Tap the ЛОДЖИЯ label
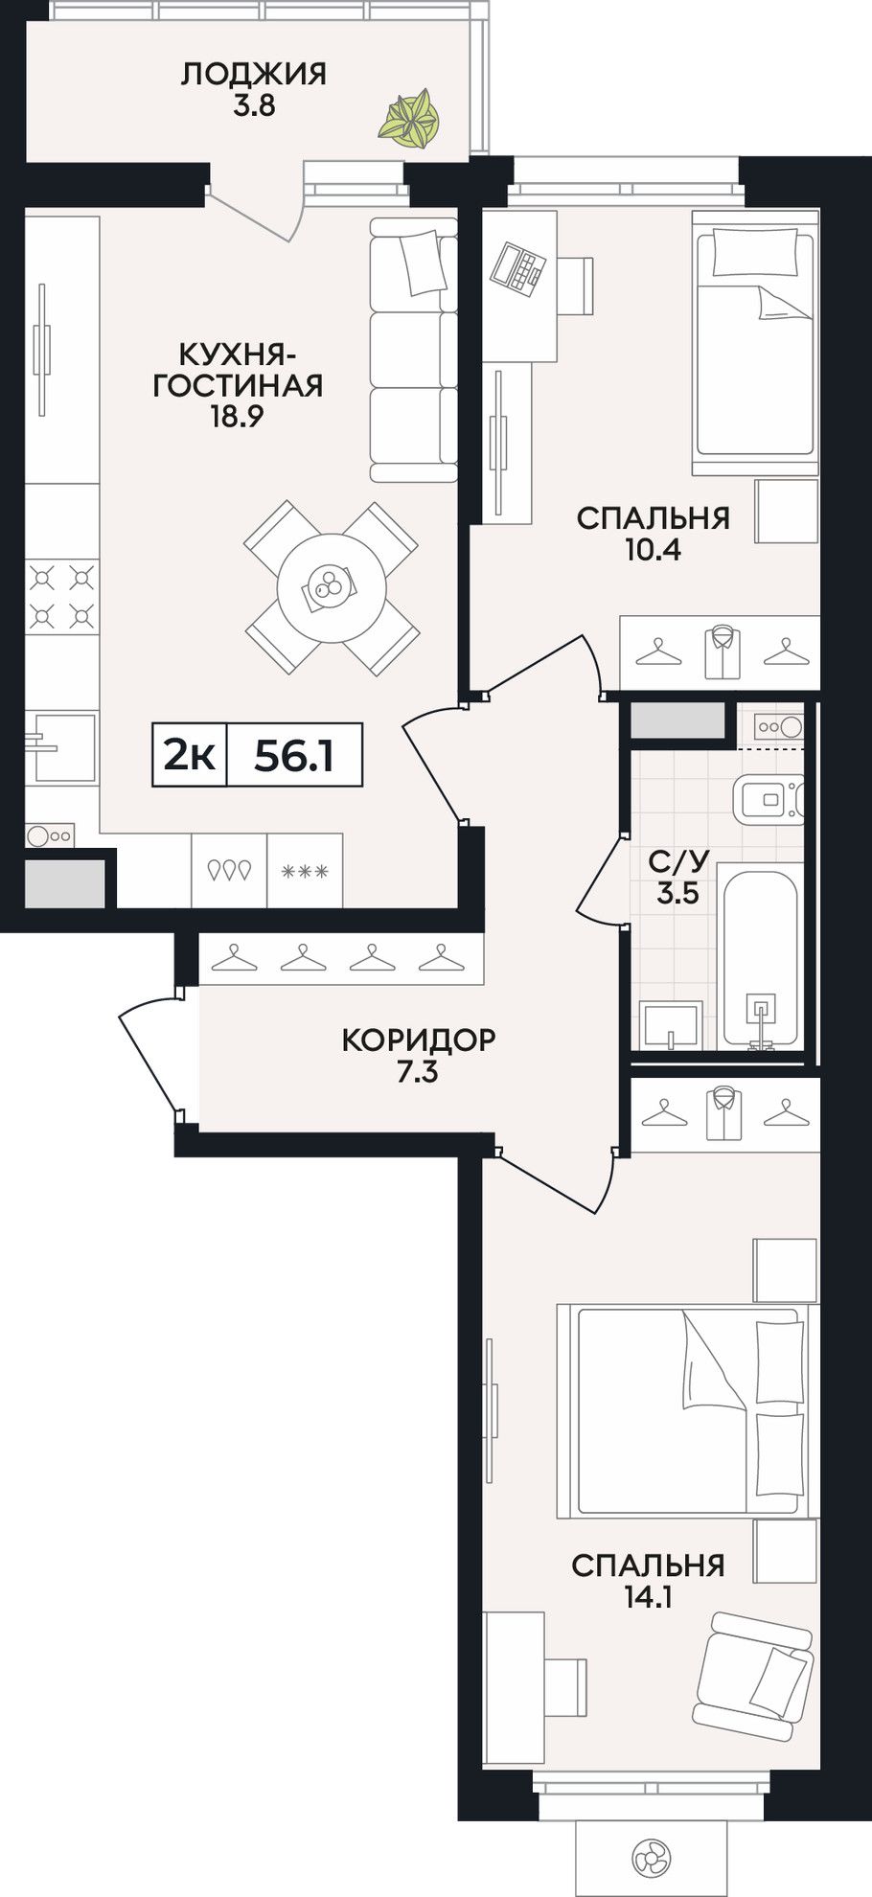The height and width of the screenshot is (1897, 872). click(254, 74)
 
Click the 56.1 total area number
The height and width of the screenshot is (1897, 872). click(293, 756)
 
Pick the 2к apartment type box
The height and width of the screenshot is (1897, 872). click(190, 755)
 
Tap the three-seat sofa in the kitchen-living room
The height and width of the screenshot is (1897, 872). click(414, 350)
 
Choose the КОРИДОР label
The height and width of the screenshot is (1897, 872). click(419, 1040)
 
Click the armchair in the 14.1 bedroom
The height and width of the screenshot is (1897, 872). click(754, 1677)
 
